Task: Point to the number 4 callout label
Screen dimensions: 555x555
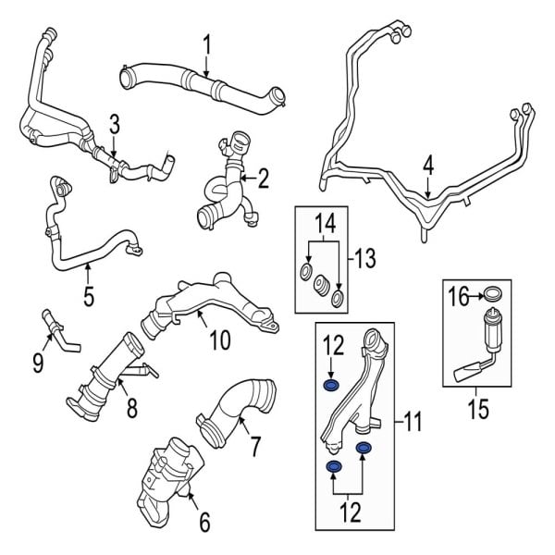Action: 428,166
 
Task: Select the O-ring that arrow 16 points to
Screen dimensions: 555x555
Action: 495,295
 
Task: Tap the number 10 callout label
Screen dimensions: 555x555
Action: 219,340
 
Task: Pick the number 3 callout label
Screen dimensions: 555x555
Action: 114,123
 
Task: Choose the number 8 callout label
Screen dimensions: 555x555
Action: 131,407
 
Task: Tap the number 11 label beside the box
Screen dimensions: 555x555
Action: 412,424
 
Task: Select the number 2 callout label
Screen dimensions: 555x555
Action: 263,178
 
